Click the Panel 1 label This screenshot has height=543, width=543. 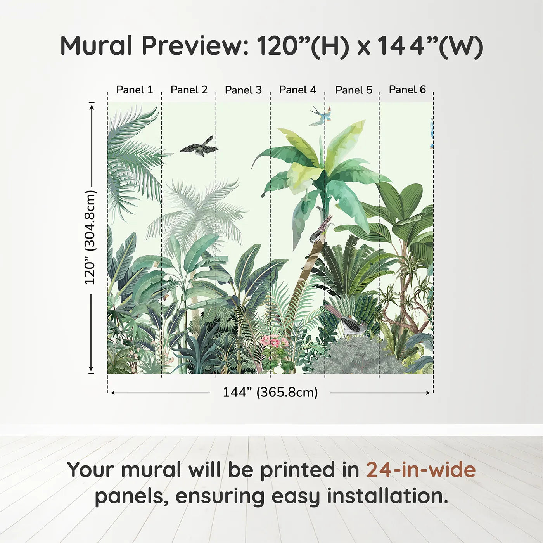click(x=135, y=90)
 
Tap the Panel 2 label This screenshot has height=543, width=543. click(x=189, y=90)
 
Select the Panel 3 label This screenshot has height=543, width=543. click(x=244, y=90)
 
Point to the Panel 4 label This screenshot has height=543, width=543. click(x=298, y=90)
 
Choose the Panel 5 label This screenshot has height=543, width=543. click(x=354, y=90)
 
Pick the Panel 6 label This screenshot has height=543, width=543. click(x=408, y=90)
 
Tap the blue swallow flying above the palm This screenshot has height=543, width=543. click(x=321, y=116)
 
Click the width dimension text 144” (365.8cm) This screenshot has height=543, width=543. click(x=270, y=392)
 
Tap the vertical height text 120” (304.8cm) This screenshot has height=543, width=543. click(x=90, y=237)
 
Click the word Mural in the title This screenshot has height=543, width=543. click(x=96, y=46)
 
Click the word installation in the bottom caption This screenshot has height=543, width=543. click(x=387, y=496)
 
